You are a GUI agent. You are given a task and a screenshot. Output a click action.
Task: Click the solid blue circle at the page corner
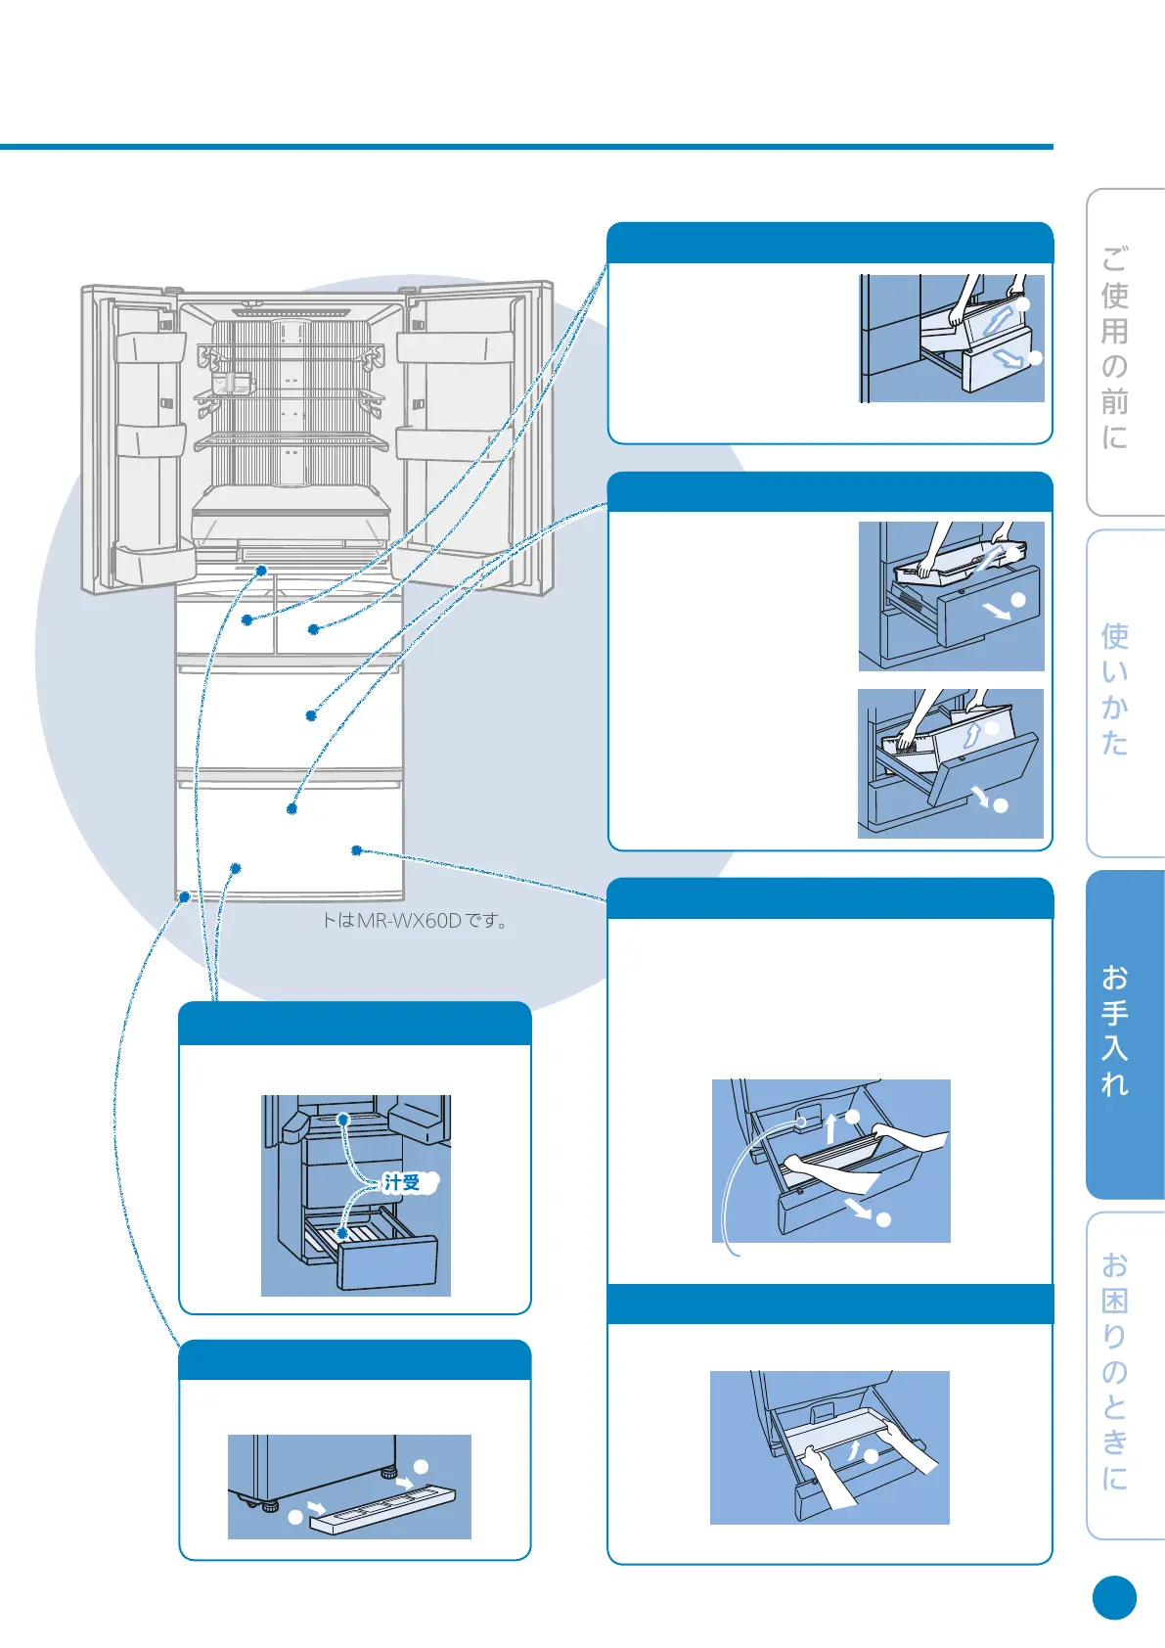(x=1114, y=1598)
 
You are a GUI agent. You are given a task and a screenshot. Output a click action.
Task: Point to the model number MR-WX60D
(x=409, y=921)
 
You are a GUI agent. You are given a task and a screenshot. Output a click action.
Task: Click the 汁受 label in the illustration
(x=402, y=1182)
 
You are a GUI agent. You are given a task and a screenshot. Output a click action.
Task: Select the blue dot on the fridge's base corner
(x=184, y=895)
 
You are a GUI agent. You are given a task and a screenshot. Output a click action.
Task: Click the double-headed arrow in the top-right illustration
(x=998, y=320)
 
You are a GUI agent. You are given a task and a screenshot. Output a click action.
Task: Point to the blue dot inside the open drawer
(x=342, y=1234)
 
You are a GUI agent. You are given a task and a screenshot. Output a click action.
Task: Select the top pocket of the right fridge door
(x=455, y=346)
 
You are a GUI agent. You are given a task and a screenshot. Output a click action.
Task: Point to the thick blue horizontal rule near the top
(x=526, y=147)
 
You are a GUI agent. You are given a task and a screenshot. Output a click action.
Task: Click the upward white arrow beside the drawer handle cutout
(x=830, y=1127)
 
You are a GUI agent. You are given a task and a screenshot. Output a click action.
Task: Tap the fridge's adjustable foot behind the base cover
(x=388, y=1471)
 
